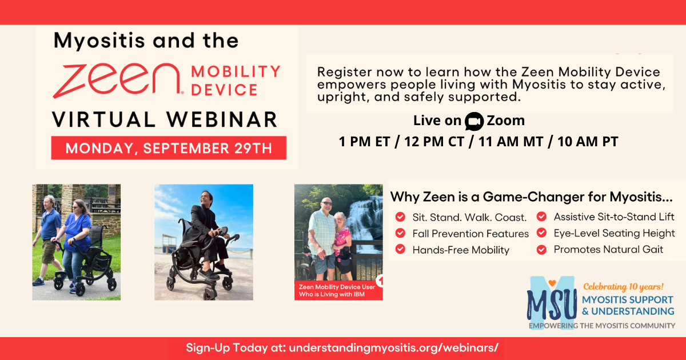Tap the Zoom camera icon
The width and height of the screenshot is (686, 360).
point(474,121)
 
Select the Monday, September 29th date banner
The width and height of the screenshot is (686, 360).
point(169,148)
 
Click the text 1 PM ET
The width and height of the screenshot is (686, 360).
point(364,142)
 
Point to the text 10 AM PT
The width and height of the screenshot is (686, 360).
point(588,142)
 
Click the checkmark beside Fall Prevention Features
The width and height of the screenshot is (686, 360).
point(400,233)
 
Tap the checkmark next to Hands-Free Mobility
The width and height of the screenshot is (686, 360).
point(400,249)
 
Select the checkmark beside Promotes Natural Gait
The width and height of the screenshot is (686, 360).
point(541,250)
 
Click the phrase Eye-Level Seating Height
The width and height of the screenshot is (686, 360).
point(614,233)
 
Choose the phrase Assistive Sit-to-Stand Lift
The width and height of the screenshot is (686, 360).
point(614,217)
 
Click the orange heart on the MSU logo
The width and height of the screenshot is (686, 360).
point(552,283)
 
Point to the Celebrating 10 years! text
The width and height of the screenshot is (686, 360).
point(623,287)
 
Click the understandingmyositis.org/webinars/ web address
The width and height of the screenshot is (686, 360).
point(393,348)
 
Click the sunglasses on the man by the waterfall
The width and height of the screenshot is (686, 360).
point(327,203)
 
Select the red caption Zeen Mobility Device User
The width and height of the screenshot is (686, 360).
point(337,287)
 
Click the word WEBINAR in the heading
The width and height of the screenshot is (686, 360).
point(222,119)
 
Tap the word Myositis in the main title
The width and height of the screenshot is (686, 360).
point(99,41)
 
